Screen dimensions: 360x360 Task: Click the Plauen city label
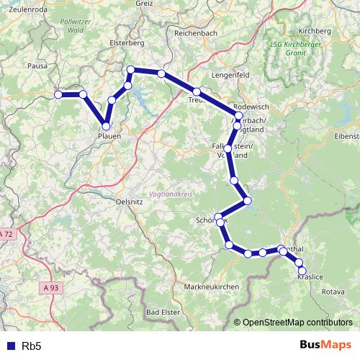tap(109, 135)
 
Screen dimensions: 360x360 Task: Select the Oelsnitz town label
tap(130, 202)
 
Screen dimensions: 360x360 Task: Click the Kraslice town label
tap(310, 277)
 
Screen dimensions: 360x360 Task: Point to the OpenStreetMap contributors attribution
tap(299, 323)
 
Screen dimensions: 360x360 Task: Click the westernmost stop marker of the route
tap(58, 94)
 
